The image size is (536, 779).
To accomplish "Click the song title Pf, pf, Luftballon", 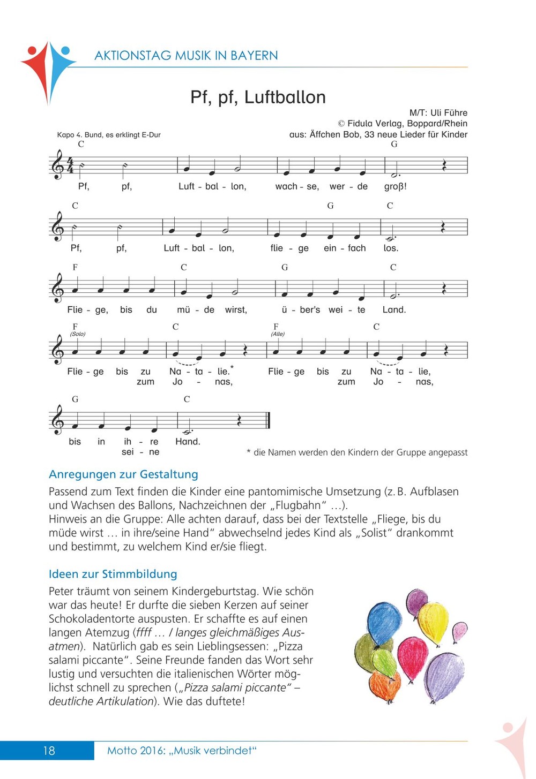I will pyautogui.click(x=258, y=97).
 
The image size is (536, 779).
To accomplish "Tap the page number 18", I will pyautogui.click(x=49, y=751).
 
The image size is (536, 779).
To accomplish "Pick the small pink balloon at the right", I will pyautogui.click(x=459, y=633).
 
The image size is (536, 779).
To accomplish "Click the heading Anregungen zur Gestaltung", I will pyautogui.click(x=123, y=474).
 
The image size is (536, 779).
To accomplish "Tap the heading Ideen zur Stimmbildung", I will pyautogui.click(x=113, y=574).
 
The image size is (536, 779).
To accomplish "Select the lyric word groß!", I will pyautogui.click(x=395, y=187).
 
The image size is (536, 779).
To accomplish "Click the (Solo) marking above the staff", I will pyautogui.click(x=78, y=334).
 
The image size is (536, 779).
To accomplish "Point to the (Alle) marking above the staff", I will pyautogui.click(x=278, y=334).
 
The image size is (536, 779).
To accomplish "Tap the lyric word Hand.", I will pyautogui.click(x=188, y=442).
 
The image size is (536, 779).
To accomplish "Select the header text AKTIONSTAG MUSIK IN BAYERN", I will pyautogui.click(x=186, y=56).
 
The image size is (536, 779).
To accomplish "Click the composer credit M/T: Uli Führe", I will pyautogui.click(x=438, y=113).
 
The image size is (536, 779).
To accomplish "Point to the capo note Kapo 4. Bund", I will pyautogui.click(x=109, y=135).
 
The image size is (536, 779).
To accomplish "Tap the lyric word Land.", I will pyautogui.click(x=394, y=310).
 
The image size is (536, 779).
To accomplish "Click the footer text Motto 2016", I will pyautogui.click(x=182, y=751).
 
